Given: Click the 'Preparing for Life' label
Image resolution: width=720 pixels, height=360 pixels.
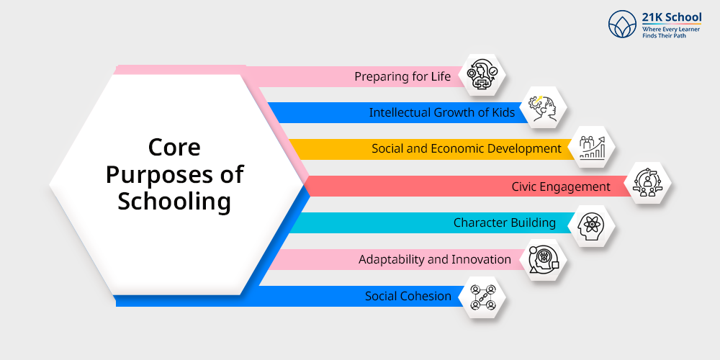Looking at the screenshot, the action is coord(402,76).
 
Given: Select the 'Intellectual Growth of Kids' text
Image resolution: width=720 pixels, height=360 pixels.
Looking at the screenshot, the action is coord(442,112).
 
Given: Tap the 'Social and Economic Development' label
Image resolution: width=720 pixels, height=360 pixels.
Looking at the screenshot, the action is coord(466,149).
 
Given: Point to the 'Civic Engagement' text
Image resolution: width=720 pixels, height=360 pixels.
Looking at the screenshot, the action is coord(561,187).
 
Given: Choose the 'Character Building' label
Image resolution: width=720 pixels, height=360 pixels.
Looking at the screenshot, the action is coord(504,222).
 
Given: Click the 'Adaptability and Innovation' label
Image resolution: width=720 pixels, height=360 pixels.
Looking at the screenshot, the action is coord(434,259).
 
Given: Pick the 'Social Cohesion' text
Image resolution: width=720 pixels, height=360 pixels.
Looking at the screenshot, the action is coord(408,296).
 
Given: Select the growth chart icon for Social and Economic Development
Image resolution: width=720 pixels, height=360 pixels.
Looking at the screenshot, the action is coord(592,148).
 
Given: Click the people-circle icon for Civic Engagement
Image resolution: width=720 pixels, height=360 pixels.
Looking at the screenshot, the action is coord(647,183).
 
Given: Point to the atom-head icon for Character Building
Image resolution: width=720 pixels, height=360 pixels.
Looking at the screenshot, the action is coord(590,225).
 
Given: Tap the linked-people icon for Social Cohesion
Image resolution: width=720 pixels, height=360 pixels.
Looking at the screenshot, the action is coord(483,297).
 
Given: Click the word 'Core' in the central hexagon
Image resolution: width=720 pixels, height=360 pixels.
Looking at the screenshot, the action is coord(174,148).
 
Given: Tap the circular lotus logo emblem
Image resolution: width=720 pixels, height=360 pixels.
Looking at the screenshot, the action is coord(623,24).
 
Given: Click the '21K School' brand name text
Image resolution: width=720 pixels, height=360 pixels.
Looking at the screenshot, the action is coord(671,18).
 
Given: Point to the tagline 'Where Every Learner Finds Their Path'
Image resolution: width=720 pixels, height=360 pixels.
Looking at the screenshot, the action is coord(671,32).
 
